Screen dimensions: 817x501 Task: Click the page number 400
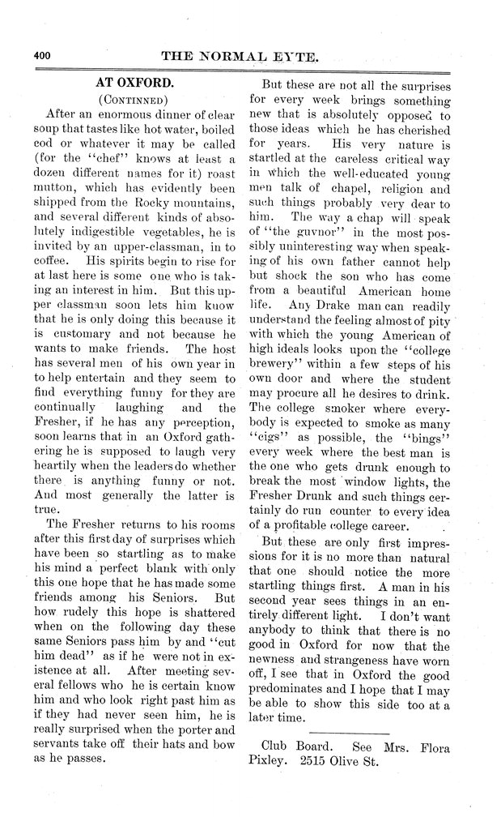42,56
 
